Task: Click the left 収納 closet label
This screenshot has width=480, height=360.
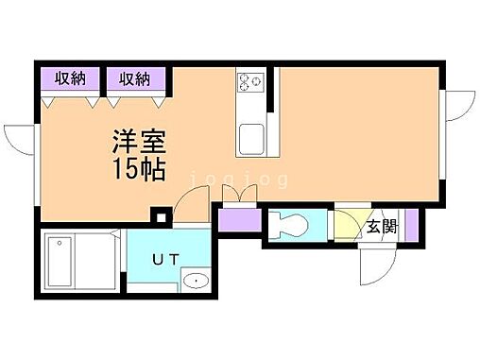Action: coord(70,78)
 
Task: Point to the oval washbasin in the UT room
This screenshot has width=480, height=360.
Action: coord(196,281)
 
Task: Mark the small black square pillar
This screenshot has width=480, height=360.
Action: coord(161,220)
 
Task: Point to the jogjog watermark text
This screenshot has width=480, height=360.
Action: coord(231,176)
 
